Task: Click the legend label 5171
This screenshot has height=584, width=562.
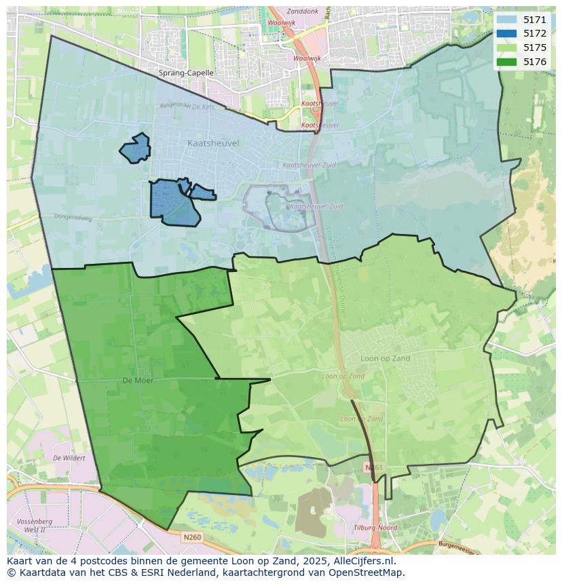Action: pos(534,20)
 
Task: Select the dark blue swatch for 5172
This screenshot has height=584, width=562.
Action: pos(506,33)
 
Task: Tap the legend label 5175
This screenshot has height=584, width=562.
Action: pos(534,47)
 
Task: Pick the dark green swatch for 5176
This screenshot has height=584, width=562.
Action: pos(506,62)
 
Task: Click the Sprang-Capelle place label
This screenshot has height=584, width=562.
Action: pos(186,73)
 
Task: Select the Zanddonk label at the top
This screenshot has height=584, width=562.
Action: pos(303,12)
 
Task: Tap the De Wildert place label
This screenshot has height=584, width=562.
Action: pos(69,458)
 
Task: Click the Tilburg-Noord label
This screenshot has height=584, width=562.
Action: pos(375,528)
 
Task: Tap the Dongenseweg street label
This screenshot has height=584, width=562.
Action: pos(73,217)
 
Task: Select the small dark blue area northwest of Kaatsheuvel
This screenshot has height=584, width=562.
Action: pos(135,148)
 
